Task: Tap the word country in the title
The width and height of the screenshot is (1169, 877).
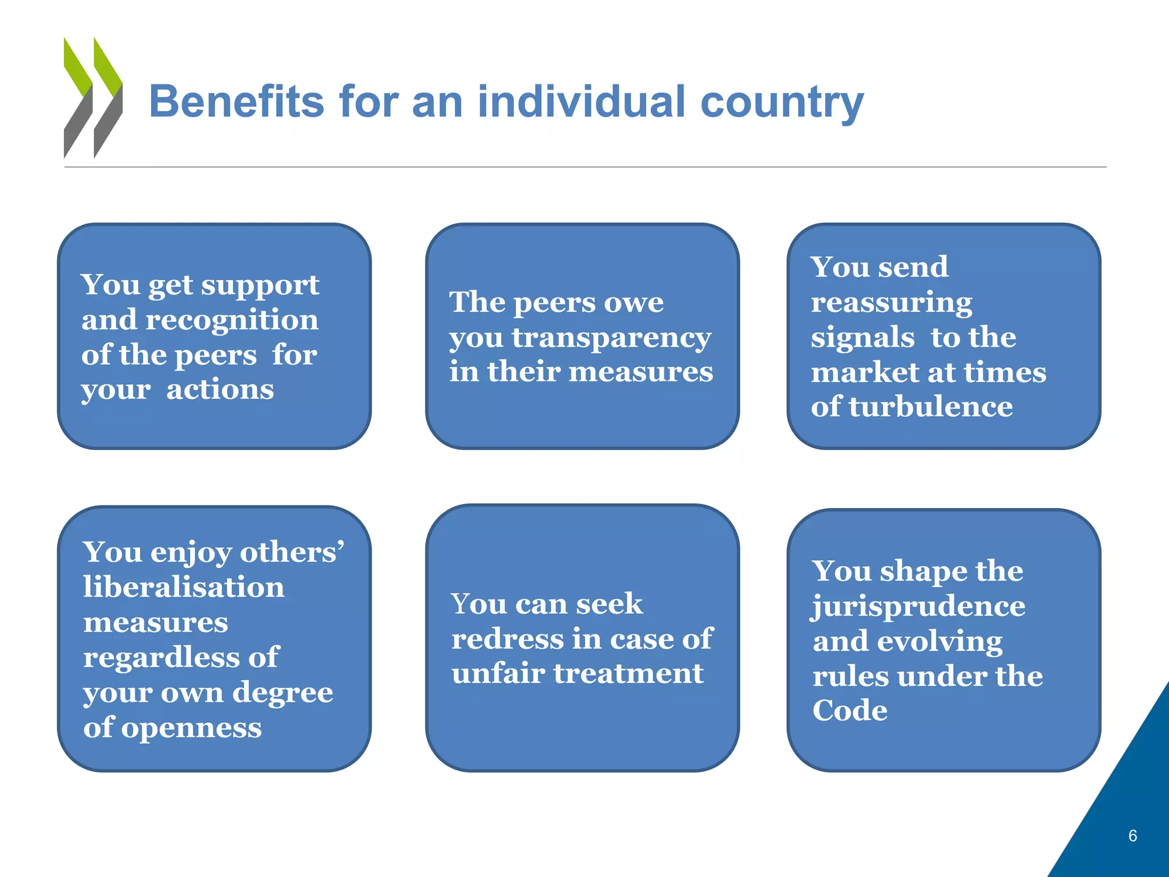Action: [x=781, y=103]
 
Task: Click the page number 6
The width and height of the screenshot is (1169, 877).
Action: [x=1132, y=836]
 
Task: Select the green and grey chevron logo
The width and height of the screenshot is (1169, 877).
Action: [x=93, y=98]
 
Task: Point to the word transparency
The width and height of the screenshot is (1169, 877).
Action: [x=611, y=338]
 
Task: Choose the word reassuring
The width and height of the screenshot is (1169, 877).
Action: [x=891, y=302]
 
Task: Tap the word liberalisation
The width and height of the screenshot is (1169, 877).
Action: [x=184, y=587]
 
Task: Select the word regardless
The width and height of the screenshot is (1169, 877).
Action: [x=156, y=657]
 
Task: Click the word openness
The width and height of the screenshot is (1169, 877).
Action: [x=191, y=728]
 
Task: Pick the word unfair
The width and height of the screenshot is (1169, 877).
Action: [x=498, y=673]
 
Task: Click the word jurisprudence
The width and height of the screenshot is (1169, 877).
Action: [x=918, y=607]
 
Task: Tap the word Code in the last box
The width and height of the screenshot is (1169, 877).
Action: [x=850, y=711]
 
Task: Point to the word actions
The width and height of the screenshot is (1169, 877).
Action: [x=220, y=389]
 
